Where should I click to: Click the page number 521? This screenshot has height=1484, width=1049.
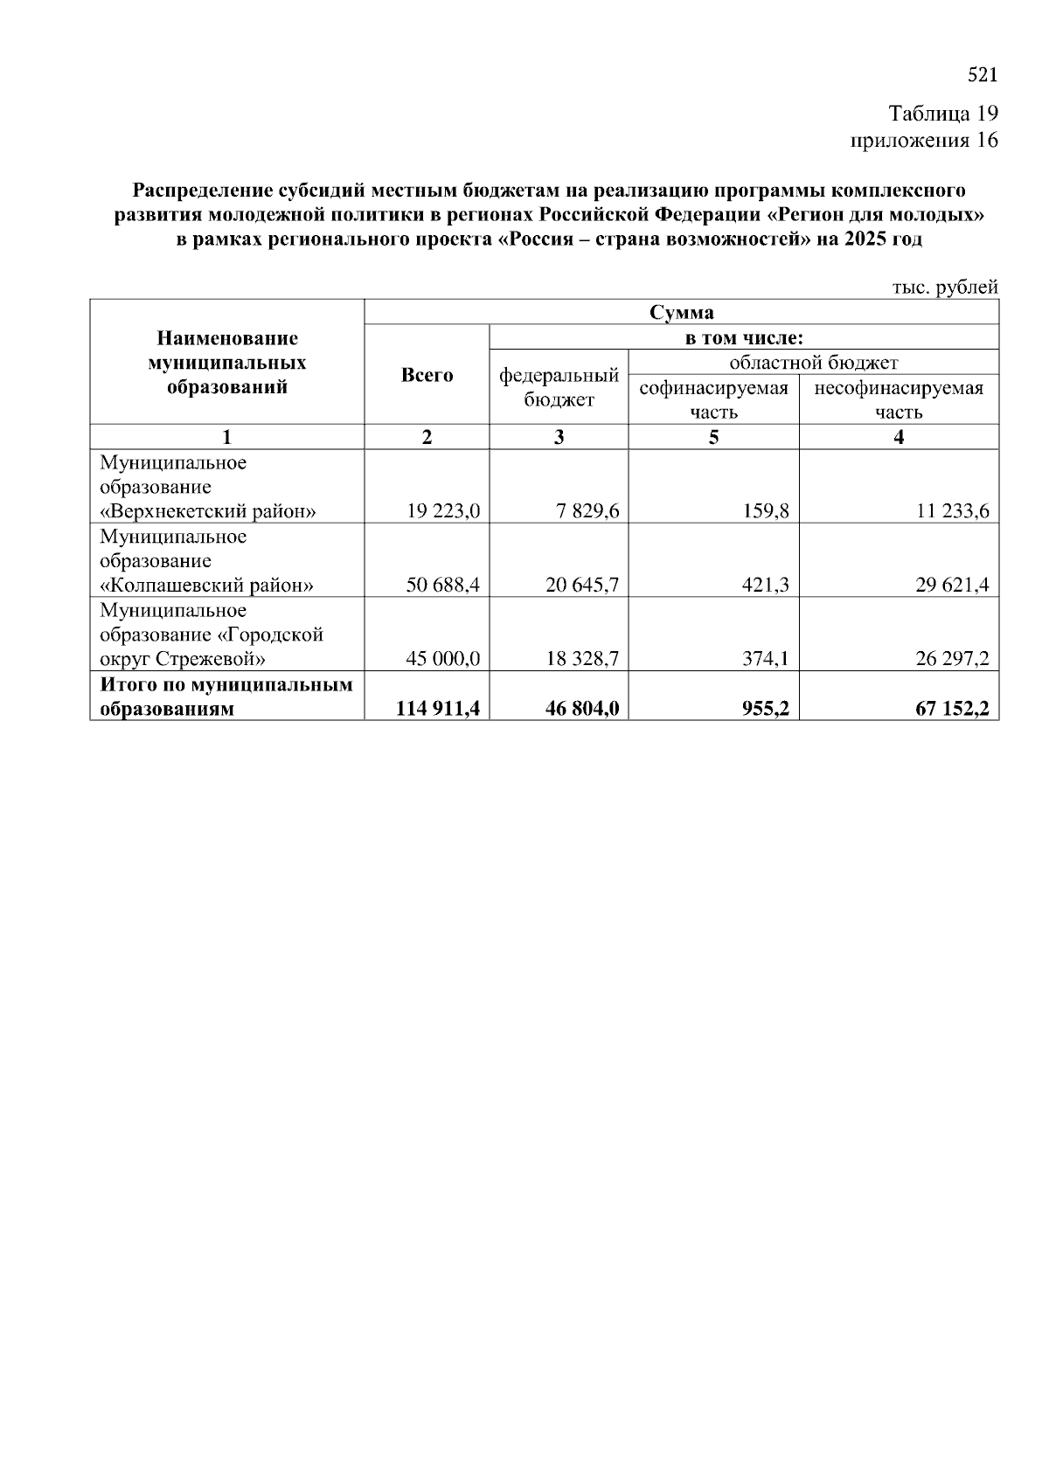click(x=983, y=75)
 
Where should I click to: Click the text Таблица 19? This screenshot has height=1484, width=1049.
click(x=942, y=114)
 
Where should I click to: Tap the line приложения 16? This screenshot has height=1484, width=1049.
click(x=924, y=140)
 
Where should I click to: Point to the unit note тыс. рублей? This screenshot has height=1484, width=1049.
click(x=944, y=287)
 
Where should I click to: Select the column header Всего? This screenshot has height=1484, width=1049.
click(x=427, y=375)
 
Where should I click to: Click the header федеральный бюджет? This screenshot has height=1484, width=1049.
click(x=559, y=387)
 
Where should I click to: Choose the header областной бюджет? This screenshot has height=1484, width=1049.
click(x=813, y=362)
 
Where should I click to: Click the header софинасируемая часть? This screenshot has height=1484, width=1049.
click(x=713, y=399)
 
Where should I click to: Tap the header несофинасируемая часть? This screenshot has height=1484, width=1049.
click(x=899, y=399)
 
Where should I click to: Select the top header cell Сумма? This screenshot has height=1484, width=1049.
click(x=681, y=312)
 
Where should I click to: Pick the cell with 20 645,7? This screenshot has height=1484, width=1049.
click(x=582, y=585)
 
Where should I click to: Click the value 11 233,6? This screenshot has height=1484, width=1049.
click(x=952, y=511)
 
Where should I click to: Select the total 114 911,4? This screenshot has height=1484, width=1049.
click(x=438, y=709)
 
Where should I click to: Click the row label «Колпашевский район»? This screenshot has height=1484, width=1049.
click(x=207, y=585)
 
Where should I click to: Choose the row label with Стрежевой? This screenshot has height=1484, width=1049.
click(x=184, y=658)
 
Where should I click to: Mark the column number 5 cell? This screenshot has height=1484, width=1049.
click(x=713, y=437)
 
